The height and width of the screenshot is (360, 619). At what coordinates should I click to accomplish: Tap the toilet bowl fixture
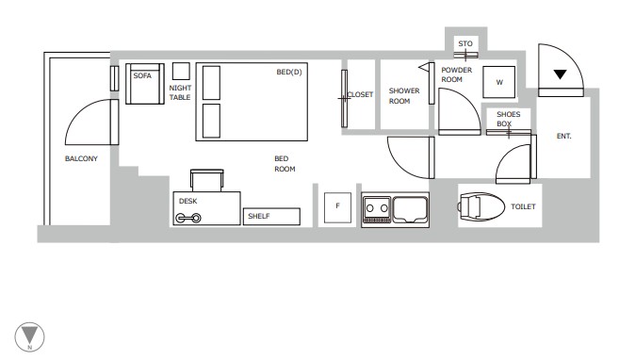[481, 206]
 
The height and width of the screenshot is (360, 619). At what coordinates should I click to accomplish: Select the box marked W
[499, 83]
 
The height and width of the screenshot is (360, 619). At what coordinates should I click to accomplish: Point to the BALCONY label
[81, 158]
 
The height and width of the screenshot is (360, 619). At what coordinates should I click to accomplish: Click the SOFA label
[143, 75]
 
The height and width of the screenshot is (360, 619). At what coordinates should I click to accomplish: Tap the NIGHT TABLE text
[180, 92]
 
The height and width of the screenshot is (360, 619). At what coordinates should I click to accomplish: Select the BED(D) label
[289, 72]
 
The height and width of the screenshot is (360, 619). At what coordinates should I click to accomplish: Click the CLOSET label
[361, 95]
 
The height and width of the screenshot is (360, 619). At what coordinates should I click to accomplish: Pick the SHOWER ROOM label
[399, 96]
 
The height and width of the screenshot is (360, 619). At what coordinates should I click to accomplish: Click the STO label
[464, 44]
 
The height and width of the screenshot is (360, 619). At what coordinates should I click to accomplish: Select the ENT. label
[564, 137]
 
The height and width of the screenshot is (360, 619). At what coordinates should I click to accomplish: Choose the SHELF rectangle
[271, 216]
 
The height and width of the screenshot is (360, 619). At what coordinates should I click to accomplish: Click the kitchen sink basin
[412, 207]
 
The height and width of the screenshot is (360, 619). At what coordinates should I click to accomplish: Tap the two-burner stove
[377, 207]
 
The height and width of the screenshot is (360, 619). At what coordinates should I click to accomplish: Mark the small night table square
[181, 72]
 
